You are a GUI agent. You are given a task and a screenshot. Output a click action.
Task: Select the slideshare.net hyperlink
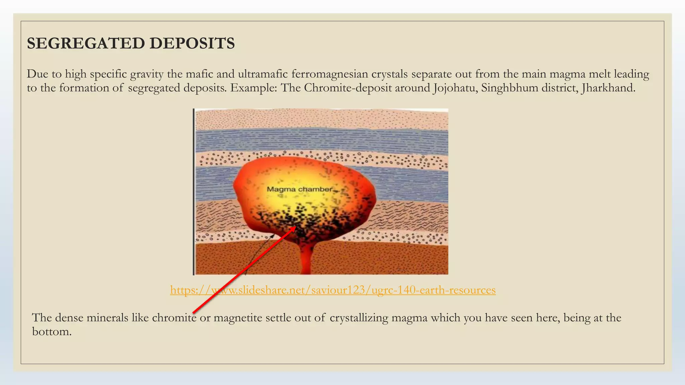tap(333, 290)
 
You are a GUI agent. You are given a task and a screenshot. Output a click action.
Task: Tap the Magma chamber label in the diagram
tap(300, 189)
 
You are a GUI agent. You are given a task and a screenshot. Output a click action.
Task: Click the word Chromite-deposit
tap(348, 88)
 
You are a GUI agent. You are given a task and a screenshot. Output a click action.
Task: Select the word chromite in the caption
tap(174, 317)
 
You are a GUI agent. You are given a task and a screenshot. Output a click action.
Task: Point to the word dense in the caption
tap(69, 317)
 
